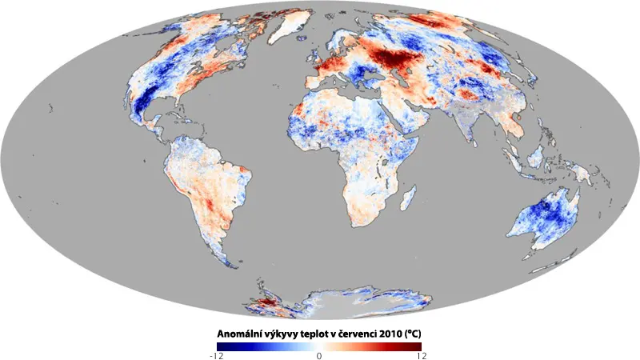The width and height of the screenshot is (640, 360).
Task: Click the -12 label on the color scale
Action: (x=216, y=355)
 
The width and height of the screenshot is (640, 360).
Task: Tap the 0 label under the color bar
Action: (x=319, y=355)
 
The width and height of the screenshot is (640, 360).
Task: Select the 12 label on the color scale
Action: (x=422, y=355)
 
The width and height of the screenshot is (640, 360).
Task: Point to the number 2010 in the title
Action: (x=390, y=334)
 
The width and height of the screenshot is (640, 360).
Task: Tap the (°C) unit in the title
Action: (x=413, y=334)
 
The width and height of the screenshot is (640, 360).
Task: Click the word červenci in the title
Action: (x=357, y=334)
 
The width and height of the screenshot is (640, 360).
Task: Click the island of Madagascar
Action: (x=409, y=197)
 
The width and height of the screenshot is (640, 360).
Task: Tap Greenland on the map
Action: (x=289, y=26)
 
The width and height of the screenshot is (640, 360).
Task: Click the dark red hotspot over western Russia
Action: (x=393, y=58)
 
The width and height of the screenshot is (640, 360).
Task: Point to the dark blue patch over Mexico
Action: (x=142, y=103)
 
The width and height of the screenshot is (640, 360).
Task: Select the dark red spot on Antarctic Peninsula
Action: (x=267, y=302)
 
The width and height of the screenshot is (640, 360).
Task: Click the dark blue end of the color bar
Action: (x=222, y=346)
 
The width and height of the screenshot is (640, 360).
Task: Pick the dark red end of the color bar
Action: (x=416, y=346)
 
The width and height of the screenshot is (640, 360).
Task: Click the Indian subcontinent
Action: (x=466, y=125)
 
